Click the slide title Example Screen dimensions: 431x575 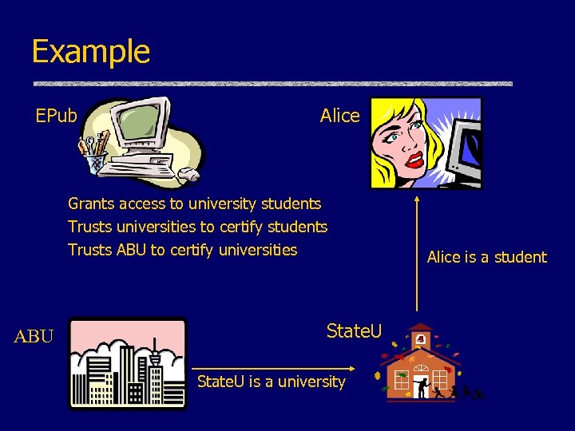click(90, 52)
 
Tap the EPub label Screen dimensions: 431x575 click(56, 117)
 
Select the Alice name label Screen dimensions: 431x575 click(339, 116)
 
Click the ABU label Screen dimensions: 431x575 click(34, 337)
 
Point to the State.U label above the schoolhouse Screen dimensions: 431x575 click(354, 330)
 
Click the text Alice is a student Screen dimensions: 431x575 click(486, 257)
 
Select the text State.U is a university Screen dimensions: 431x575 click(271, 382)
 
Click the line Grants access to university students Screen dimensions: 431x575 click(194, 204)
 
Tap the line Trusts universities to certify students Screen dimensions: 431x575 click(197, 227)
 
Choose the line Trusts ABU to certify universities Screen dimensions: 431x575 click(182, 250)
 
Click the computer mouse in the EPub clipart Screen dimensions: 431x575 click(190, 173)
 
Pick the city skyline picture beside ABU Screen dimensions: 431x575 click(127, 364)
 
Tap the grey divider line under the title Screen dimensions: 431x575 click(272, 84)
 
